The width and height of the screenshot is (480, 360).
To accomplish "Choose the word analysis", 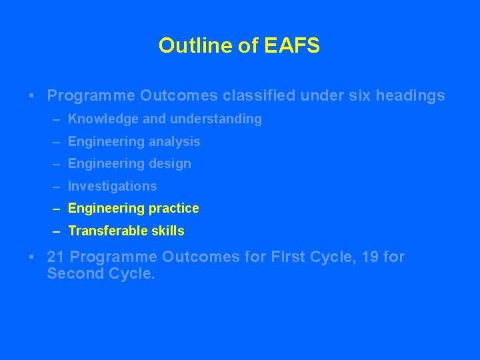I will pos(175,142).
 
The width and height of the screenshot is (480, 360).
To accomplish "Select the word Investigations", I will pos(113,187).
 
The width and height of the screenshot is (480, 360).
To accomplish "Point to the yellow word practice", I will pos(173,209).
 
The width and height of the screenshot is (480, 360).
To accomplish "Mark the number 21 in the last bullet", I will pos(57,257).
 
